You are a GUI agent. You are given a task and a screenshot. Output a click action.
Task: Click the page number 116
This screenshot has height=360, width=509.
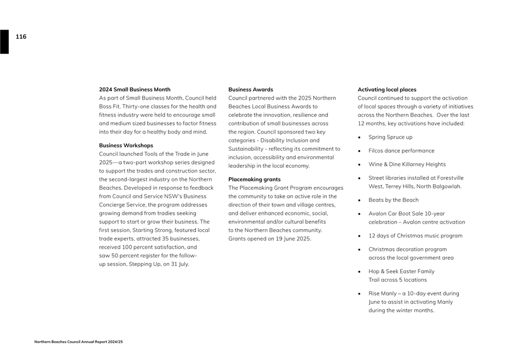pos(21,37)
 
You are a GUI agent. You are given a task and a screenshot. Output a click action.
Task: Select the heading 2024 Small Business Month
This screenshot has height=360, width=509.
pos(135,90)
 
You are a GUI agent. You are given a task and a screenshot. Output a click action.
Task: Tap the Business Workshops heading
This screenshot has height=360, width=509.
pos(126,145)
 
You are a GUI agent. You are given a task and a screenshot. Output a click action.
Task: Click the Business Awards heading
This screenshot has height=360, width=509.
pos(251,90)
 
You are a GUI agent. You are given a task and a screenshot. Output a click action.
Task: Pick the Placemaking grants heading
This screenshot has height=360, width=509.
pos(254,179)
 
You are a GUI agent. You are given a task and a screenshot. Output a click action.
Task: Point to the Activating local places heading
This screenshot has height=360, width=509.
pos(386,90)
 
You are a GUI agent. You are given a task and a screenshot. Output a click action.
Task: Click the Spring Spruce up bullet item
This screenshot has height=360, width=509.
pos(390,137)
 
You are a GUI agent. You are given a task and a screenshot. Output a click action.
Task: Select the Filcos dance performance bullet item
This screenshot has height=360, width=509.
pos(401,151)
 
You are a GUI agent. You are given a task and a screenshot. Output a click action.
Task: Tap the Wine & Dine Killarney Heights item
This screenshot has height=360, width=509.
pos(407,164)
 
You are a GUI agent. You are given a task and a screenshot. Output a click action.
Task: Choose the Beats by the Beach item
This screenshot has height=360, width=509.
pos(393,200)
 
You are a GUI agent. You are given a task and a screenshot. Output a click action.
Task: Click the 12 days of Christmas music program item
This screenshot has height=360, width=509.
pos(415,235)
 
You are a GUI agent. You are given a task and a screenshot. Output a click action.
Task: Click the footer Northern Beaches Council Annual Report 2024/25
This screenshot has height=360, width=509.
pos(79,342)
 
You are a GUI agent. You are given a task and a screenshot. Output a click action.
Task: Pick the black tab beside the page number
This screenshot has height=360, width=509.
pos(4,42)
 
